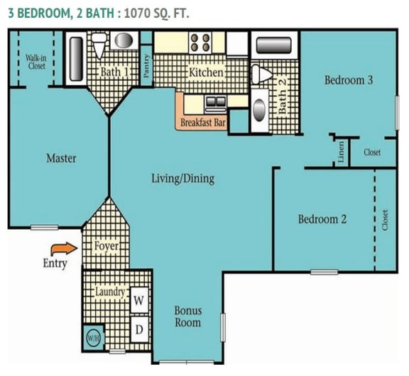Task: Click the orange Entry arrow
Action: (62, 248)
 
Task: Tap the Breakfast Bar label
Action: (203, 123)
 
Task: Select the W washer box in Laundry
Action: (140, 301)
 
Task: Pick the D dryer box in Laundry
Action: (140, 329)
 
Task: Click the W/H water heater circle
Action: (93, 338)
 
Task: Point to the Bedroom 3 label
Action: (349, 80)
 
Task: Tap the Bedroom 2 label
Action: (322, 219)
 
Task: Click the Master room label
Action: (61, 158)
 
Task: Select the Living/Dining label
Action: (182, 178)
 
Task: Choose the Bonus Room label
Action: (188, 316)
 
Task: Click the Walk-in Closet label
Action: (36, 62)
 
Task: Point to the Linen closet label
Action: (342, 152)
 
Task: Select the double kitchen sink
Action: (214, 103)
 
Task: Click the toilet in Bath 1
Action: (99, 47)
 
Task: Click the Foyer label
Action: (107, 246)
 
